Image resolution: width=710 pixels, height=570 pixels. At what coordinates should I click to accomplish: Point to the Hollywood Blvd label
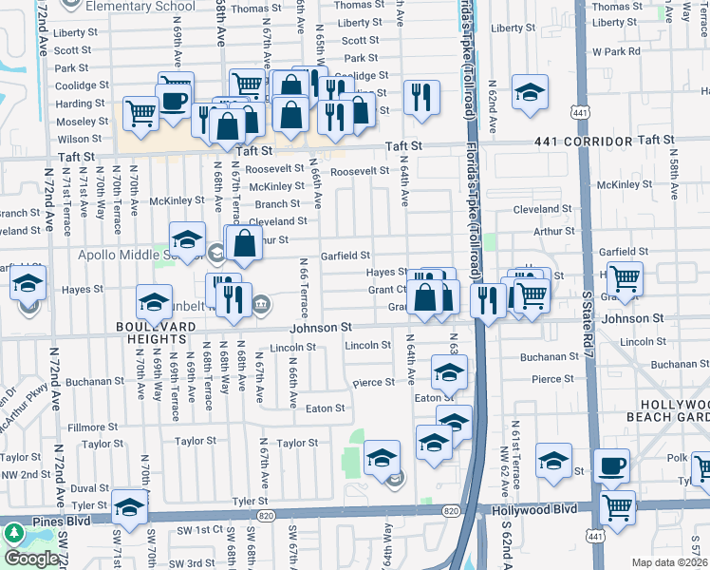tap(534, 509)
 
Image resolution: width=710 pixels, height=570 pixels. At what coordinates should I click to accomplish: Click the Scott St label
tap(360, 40)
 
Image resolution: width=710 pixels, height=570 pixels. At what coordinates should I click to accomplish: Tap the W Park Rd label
tap(615, 50)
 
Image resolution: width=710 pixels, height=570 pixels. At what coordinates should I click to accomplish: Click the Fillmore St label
tap(92, 427)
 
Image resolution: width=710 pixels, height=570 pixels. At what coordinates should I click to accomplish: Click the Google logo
tap(32, 559)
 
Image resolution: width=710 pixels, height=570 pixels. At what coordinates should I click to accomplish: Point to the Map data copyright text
tap(670, 562)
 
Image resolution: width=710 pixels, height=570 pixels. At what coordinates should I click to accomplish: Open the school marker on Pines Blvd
tap(129, 505)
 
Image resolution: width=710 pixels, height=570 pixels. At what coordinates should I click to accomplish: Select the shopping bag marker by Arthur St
tap(244, 243)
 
